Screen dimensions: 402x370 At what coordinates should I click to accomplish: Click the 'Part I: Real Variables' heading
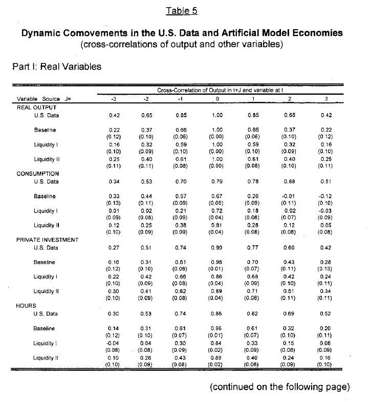[56, 66]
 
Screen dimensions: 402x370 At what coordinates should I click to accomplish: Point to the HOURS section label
[25, 305]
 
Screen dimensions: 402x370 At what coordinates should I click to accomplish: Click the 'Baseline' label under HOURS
[45, 329]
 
